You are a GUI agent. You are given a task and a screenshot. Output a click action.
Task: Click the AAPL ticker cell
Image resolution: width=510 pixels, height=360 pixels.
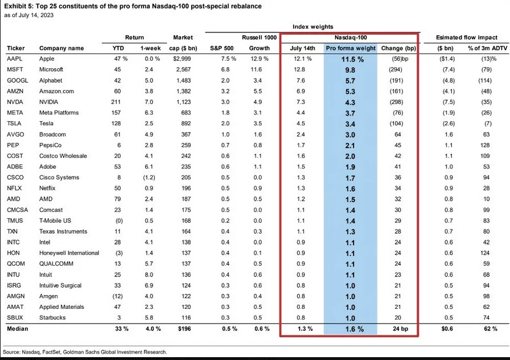(15, 59)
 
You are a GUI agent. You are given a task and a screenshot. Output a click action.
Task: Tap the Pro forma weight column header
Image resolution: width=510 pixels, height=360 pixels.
(350, 48)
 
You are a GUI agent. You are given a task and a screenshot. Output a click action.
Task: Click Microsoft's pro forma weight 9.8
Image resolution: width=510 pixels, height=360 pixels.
(350, 69)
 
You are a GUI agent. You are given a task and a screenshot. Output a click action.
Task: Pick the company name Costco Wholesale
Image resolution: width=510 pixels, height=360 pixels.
(63, 156)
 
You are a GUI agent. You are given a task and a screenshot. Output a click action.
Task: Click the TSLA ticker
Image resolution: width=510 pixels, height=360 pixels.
(15, 123)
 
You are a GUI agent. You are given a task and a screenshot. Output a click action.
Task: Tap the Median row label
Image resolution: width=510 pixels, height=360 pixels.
(18, 329)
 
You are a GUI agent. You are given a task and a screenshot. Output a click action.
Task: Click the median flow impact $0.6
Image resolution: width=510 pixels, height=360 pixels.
(448, 329)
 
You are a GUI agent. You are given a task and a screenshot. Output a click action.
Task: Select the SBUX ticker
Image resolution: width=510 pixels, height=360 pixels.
(15, 317)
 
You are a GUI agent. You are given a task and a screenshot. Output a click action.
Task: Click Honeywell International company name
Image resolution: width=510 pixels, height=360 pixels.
(70, 253)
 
